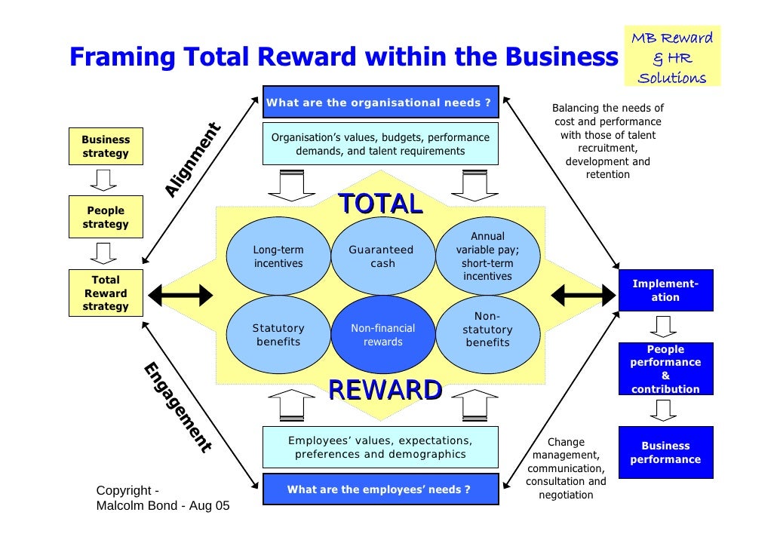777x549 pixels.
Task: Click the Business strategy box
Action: [106, 146]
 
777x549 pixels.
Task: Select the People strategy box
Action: [106, 217]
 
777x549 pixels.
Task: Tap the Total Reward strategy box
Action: [106, 293]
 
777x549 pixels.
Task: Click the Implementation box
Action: [665, 290]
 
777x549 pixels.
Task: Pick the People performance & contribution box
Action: [665, 369]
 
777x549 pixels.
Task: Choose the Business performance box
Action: [665, 452]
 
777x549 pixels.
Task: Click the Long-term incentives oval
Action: [278, 256]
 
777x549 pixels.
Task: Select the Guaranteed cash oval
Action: [382, 256]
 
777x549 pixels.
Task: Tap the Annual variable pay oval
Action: [487, 256]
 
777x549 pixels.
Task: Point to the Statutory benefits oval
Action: [278, 335]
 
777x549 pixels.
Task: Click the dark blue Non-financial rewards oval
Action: [382, 335]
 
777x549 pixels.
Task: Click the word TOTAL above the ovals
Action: [379, 204]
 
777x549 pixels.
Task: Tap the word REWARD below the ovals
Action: [385, 390]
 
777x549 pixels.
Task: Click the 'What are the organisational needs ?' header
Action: [380, 103]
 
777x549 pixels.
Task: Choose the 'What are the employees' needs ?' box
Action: [380, 489]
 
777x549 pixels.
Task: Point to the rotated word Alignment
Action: [192, 160]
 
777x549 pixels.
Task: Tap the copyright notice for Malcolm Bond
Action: [162, 498]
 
